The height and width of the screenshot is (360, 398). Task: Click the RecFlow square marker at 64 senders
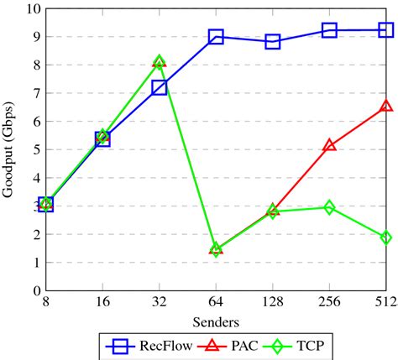coord(216,36)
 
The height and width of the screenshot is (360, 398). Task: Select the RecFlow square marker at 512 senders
coord(386,30)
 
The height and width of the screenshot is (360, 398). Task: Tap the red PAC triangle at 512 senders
coord(386,107)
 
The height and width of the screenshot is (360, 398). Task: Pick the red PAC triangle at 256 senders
coord(329,145)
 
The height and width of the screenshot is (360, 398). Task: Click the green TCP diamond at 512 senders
coord(386,237)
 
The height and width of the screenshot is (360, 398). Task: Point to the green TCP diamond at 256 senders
coord(329,206)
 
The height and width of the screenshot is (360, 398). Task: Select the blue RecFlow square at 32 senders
coord(160,87)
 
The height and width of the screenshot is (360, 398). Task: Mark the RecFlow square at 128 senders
coord(273,41)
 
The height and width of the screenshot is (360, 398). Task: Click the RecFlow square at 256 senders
coord(329,30)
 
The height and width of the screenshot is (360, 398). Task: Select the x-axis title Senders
coord(216,321)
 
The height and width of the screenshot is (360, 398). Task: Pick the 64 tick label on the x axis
coord(216,302)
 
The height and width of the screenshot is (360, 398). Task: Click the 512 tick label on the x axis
coord(385,302)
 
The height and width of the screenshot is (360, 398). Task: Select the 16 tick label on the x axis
coord(102,302)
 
